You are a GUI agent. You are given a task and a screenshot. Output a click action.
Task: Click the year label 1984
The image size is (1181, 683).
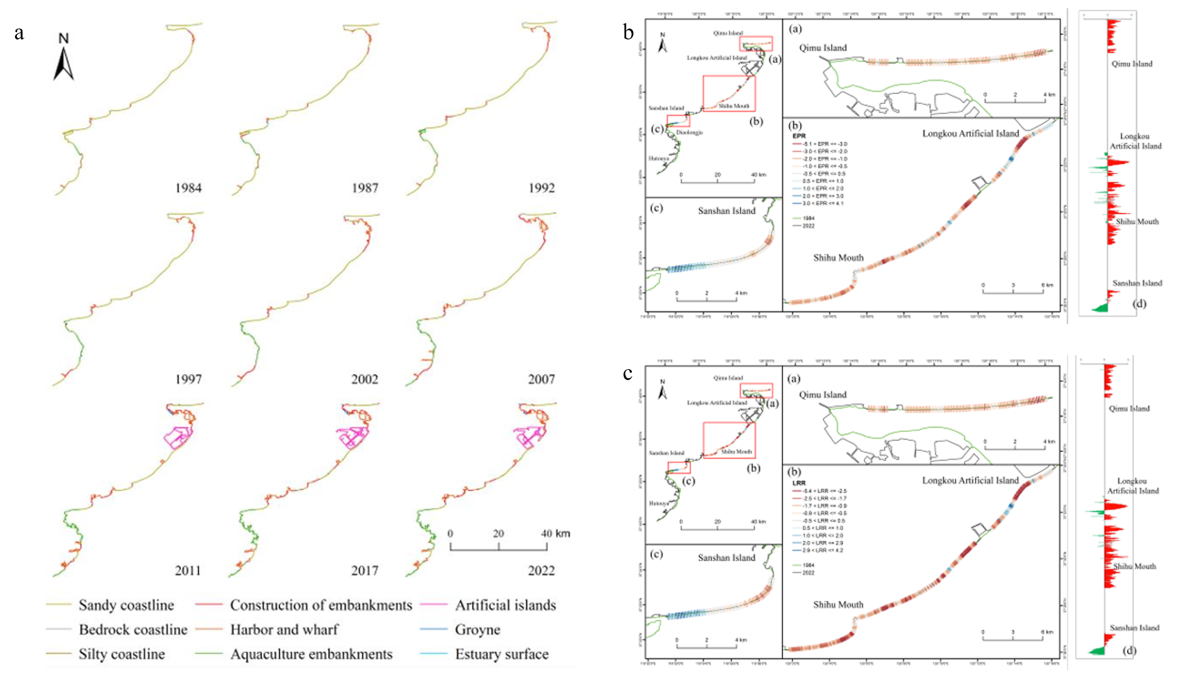(188, 188)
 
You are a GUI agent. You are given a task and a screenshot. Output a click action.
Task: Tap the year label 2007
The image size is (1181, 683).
(541, 379)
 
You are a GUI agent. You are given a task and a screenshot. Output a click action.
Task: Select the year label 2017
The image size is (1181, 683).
(365, 571)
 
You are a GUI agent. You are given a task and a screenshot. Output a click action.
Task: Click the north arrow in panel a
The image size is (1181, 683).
(64, 57)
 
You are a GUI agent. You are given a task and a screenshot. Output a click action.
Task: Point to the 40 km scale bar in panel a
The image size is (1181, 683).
(498, 546)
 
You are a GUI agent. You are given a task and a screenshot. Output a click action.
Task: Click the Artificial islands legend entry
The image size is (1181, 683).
(505, 605)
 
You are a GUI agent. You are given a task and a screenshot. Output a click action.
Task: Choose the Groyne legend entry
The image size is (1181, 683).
(478, 630)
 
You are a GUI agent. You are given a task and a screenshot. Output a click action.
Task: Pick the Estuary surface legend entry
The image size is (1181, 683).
(502, 654)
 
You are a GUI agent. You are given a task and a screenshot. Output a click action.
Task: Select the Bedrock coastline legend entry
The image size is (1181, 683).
(133, 630)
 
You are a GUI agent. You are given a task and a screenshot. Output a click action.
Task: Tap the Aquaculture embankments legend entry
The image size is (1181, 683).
(311, 654)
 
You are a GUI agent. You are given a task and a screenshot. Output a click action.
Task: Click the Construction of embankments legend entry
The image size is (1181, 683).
(321, 605)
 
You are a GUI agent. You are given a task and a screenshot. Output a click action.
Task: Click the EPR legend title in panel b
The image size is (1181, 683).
(799, 136)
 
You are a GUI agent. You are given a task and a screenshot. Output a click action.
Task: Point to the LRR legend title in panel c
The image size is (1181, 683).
(799, 483)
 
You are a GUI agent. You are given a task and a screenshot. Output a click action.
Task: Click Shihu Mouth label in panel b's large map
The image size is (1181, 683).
(838, 258)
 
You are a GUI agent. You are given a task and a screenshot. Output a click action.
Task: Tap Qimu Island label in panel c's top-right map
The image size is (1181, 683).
(823, 395)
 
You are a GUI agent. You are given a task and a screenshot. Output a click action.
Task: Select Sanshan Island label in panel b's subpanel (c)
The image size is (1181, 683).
(727, 211)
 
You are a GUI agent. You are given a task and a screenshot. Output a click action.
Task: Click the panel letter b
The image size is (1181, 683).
(629, 32)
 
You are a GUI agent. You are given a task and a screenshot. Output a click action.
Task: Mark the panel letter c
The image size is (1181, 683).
(628, 373)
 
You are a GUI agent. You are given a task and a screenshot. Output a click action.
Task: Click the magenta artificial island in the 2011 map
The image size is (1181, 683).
(177, 436)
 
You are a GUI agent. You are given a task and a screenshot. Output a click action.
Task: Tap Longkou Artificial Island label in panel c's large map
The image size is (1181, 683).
(970, 481)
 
